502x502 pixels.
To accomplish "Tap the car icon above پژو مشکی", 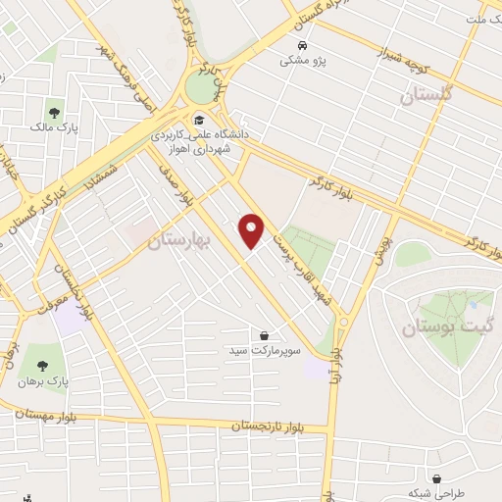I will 302,46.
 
